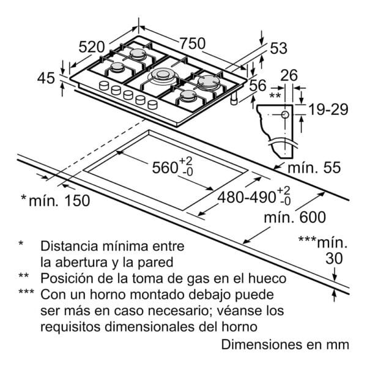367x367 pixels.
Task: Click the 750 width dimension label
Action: click(x=193, y=43)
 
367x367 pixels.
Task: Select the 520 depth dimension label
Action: click(x=92, y=47)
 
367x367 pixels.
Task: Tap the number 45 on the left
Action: click(x=46, y=78)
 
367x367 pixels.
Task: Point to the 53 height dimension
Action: click(x=278, y=48)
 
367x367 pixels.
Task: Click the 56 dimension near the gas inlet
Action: click(x=258, y=85)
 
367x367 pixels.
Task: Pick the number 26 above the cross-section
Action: click(x=289, y=75)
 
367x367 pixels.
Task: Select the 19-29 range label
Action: click(x=328, y=109)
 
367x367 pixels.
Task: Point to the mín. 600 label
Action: click(x=295, y=217)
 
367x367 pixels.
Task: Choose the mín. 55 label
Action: click(x=314, y=168)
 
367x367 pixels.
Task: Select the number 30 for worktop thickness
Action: click(x=334, y=258)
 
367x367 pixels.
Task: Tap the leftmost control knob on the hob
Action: click(x=104, y=86)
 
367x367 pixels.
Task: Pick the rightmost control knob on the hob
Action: click(x=152, y=105)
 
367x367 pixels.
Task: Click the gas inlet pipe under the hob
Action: click(x=234, y=98)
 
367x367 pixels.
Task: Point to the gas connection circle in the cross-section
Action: click(x=285, y=115)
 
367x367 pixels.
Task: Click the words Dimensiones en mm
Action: click(x=285, y=345)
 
